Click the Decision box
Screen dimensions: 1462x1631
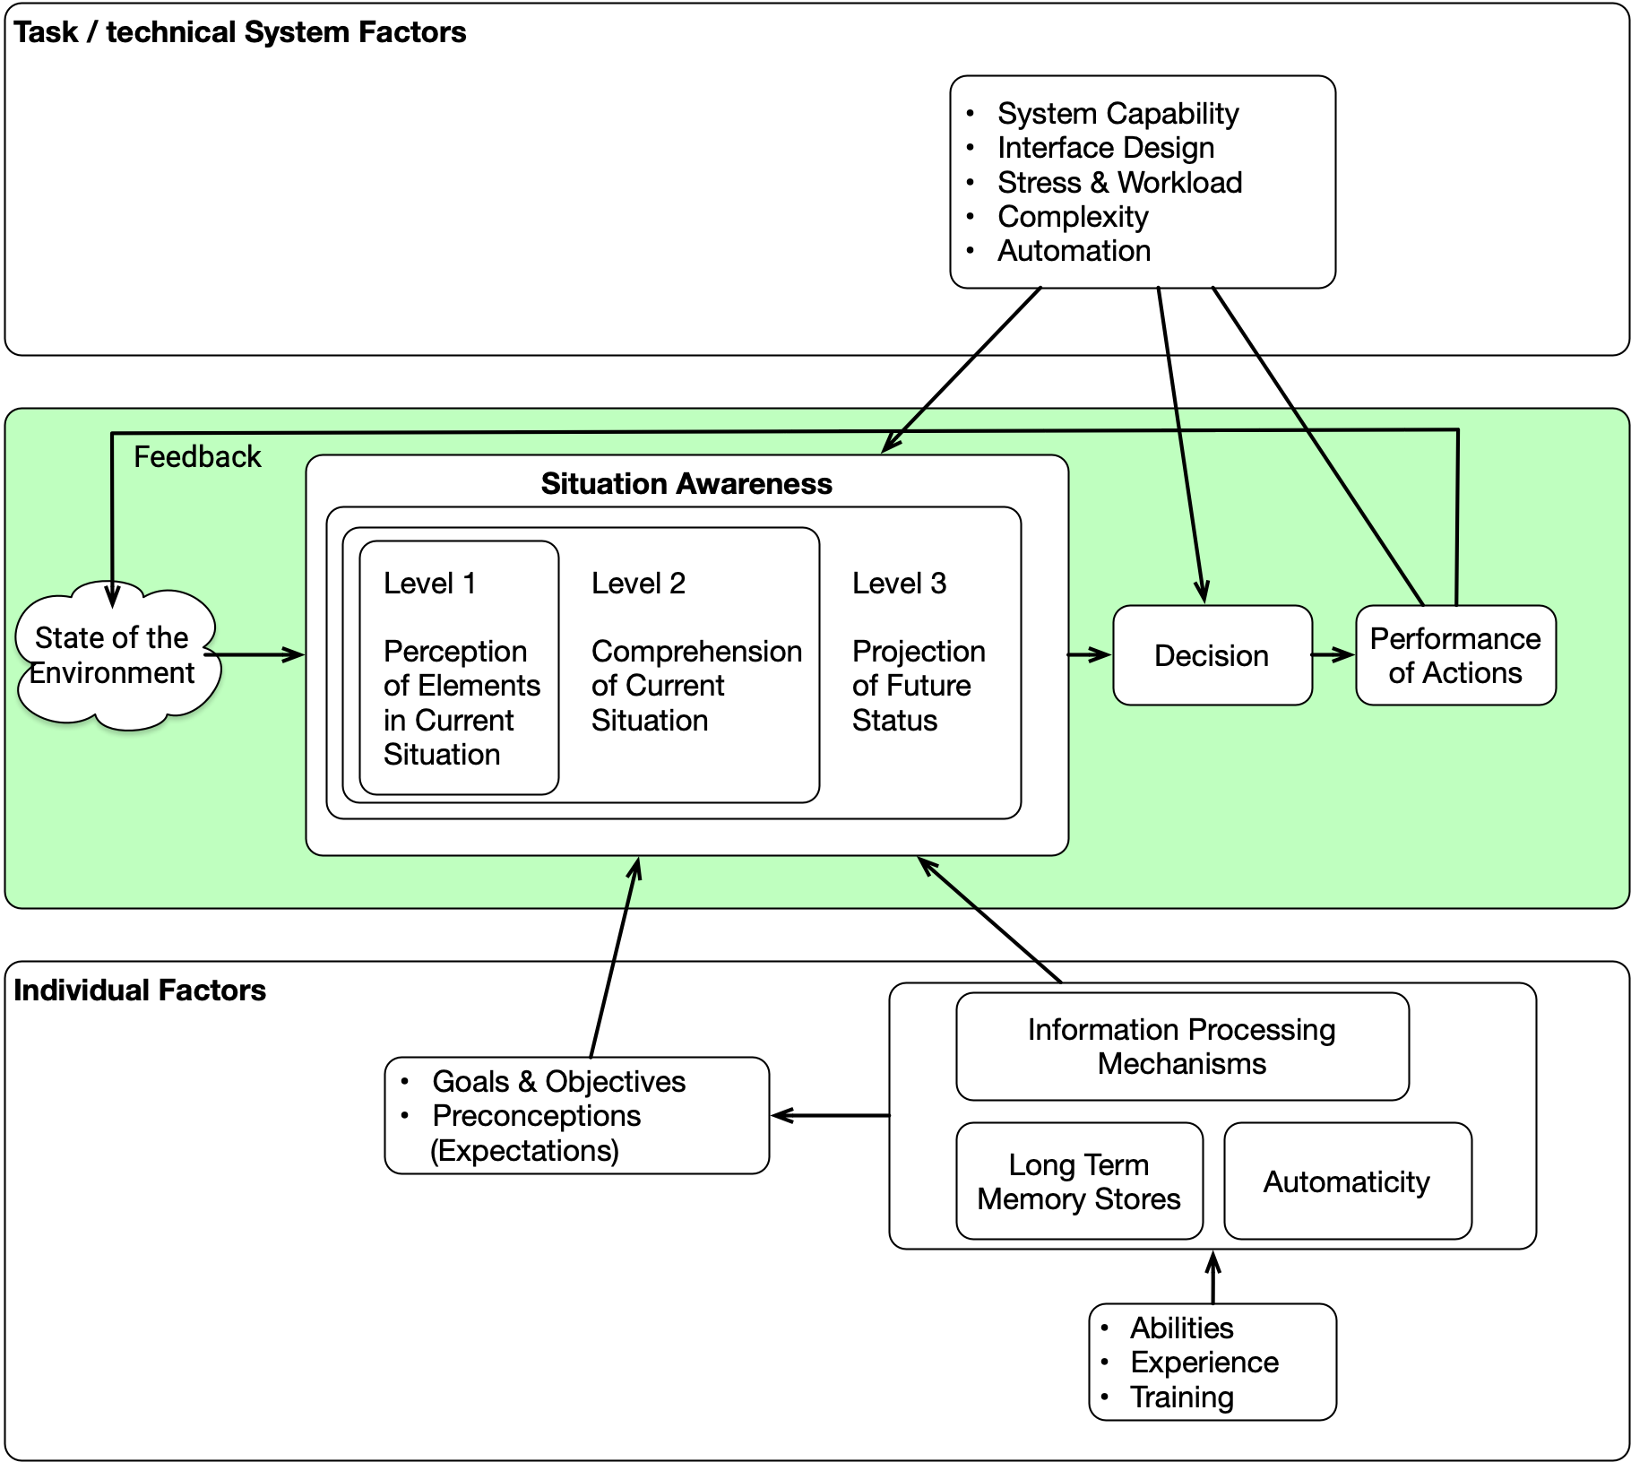[x=1212, y=655]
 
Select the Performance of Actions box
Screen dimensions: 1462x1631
[x=1455, y=655]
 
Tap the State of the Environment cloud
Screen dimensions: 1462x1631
[x=113, y=655]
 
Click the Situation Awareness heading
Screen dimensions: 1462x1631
[x=686, y=484]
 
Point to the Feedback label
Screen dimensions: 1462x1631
[x=197, y=457]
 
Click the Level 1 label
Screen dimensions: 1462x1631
[x=430, y=584]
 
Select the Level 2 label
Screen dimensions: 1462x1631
[x=638, y=584]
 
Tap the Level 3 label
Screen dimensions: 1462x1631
[x=899, y=584]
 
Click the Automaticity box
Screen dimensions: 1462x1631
[x=1347, y=1181]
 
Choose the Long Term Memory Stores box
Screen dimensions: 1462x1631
[x=1079, y=1181]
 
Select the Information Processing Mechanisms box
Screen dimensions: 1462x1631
[x=1181, y=1046]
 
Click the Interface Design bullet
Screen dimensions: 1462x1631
[x=1106, y=148]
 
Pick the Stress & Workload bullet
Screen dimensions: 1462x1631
[x=1119, y=183]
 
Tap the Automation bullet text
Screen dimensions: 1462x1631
[x=1074, y=251]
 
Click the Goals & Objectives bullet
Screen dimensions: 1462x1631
[x=558, y=1082]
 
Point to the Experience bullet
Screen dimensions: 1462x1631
[x=1204, y=1363]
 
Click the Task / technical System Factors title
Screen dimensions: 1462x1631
[x=240, y=32]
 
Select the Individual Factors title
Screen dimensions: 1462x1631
[x=140, y=991]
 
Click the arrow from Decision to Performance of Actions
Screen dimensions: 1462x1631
[x=1333, y=655]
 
